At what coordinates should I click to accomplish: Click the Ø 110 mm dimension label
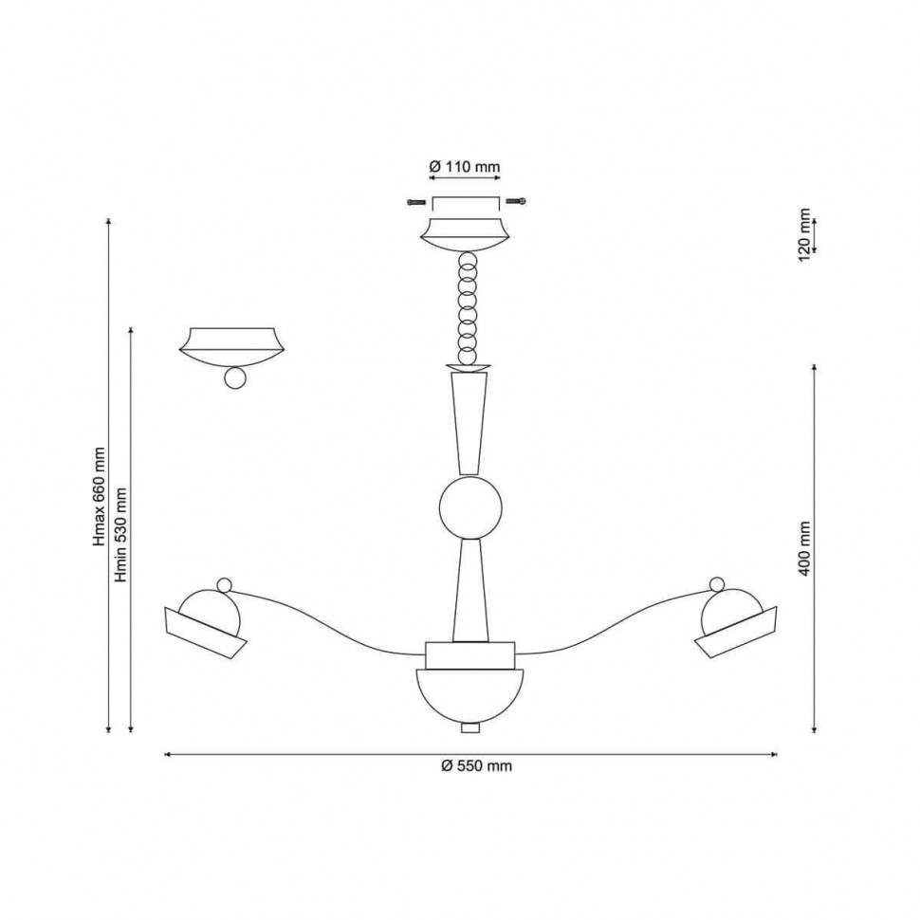pyautogui.click(x=465, y=167)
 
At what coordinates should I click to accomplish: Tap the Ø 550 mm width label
pyautogui.click(x=476, y=765)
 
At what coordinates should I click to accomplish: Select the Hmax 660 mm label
pyautogui.click(x=99, y=496)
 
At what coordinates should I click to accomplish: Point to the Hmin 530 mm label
pyautogui.click(x=120, y=535)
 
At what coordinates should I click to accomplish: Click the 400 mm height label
pyautogui.click(x=804, y=548)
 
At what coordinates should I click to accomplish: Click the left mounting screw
pyautogui.click(x=416, y=202)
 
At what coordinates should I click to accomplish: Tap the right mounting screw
pyautogui.click(x=516, y=201)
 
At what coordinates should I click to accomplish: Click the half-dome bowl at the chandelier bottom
pyautogui.click(x=470, y=696)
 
